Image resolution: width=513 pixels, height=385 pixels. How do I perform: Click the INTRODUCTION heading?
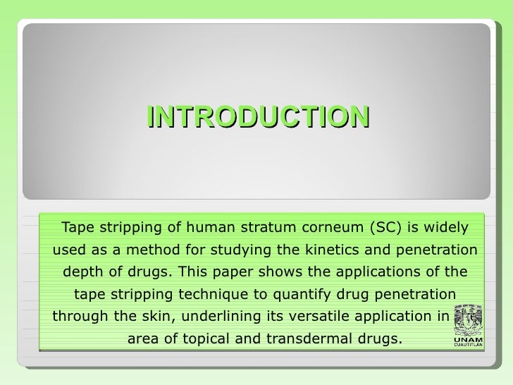(x=258, y=117)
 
